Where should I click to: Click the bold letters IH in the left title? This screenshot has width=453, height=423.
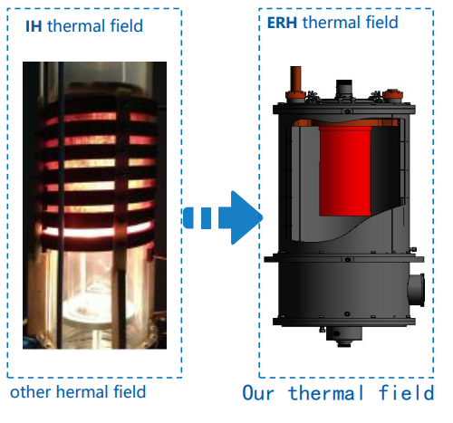click(34, 26)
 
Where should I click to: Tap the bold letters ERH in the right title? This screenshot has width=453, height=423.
click(282, 23)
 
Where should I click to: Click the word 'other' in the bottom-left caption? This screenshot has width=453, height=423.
click(30, 392)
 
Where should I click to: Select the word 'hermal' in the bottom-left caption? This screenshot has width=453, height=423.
click(82, 391)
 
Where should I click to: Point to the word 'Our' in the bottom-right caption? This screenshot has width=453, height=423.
click(258, 393)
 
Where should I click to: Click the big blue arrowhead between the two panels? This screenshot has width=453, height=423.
click(244, 217)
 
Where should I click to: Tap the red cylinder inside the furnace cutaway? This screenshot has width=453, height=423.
click(345, 171)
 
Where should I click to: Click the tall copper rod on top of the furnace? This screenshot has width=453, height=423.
click(295, 79)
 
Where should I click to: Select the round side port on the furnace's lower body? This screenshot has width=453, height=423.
click(416, 290)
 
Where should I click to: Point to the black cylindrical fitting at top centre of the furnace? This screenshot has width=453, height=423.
click(344, 88)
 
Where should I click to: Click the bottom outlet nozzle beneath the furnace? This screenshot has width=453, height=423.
click(343, 337)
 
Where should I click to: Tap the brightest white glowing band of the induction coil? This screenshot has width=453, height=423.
click(97, 231)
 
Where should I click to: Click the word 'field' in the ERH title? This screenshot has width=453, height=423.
click(381, 23)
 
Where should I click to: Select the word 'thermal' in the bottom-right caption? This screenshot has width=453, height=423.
click(326, 393)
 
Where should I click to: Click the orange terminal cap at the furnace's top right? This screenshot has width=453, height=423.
click(392, 94)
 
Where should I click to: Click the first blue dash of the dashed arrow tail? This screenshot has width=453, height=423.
click(188, 217)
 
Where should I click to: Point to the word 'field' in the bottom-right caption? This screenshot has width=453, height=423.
click(407, 393)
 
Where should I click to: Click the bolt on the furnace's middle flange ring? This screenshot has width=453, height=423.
click(348, 259)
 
